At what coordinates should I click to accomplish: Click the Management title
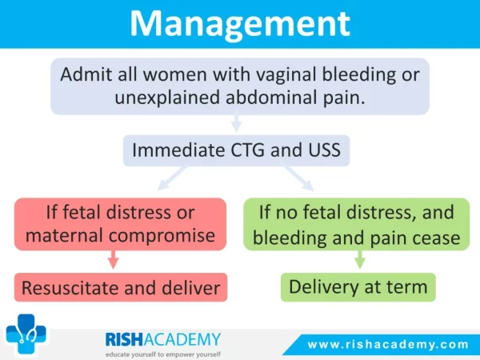[x=240, y=24]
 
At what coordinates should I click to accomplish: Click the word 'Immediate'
[x=178, y=150]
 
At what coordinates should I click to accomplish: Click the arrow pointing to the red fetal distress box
[x=172, y=178]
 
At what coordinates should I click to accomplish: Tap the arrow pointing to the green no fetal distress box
[x=298, y=178]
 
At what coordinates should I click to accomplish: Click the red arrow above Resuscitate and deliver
[x=114, y=259]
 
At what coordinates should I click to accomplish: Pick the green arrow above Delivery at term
[x=360, y=259]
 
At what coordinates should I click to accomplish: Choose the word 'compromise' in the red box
[x=162, y=236]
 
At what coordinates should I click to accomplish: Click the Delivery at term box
[x=358, y=287]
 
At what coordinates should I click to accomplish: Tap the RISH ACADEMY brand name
[x=163, y=339]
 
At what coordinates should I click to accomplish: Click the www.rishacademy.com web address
[x=388, y=345]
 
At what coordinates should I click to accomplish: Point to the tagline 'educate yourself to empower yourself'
[x=163, y=354]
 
